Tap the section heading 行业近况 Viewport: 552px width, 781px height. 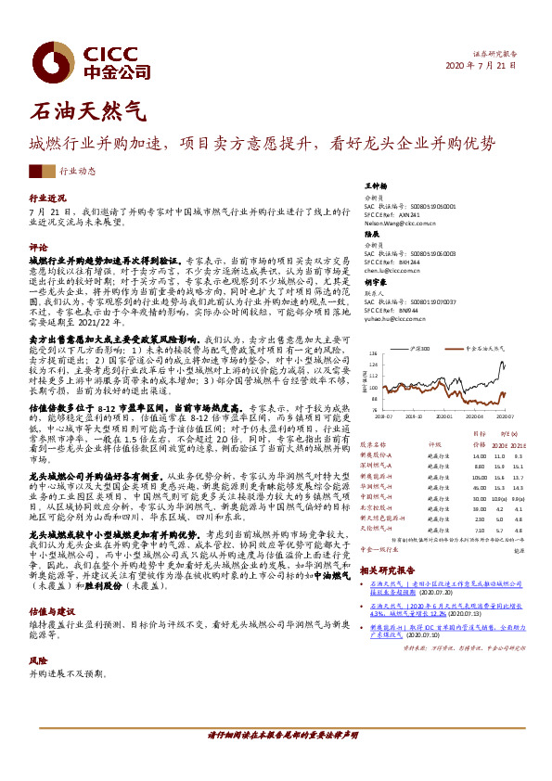pos(49,198)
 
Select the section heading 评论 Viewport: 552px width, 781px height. pos(39,248)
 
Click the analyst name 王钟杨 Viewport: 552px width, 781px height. pos(376,186)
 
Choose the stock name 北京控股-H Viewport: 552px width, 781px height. pos(377,508)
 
